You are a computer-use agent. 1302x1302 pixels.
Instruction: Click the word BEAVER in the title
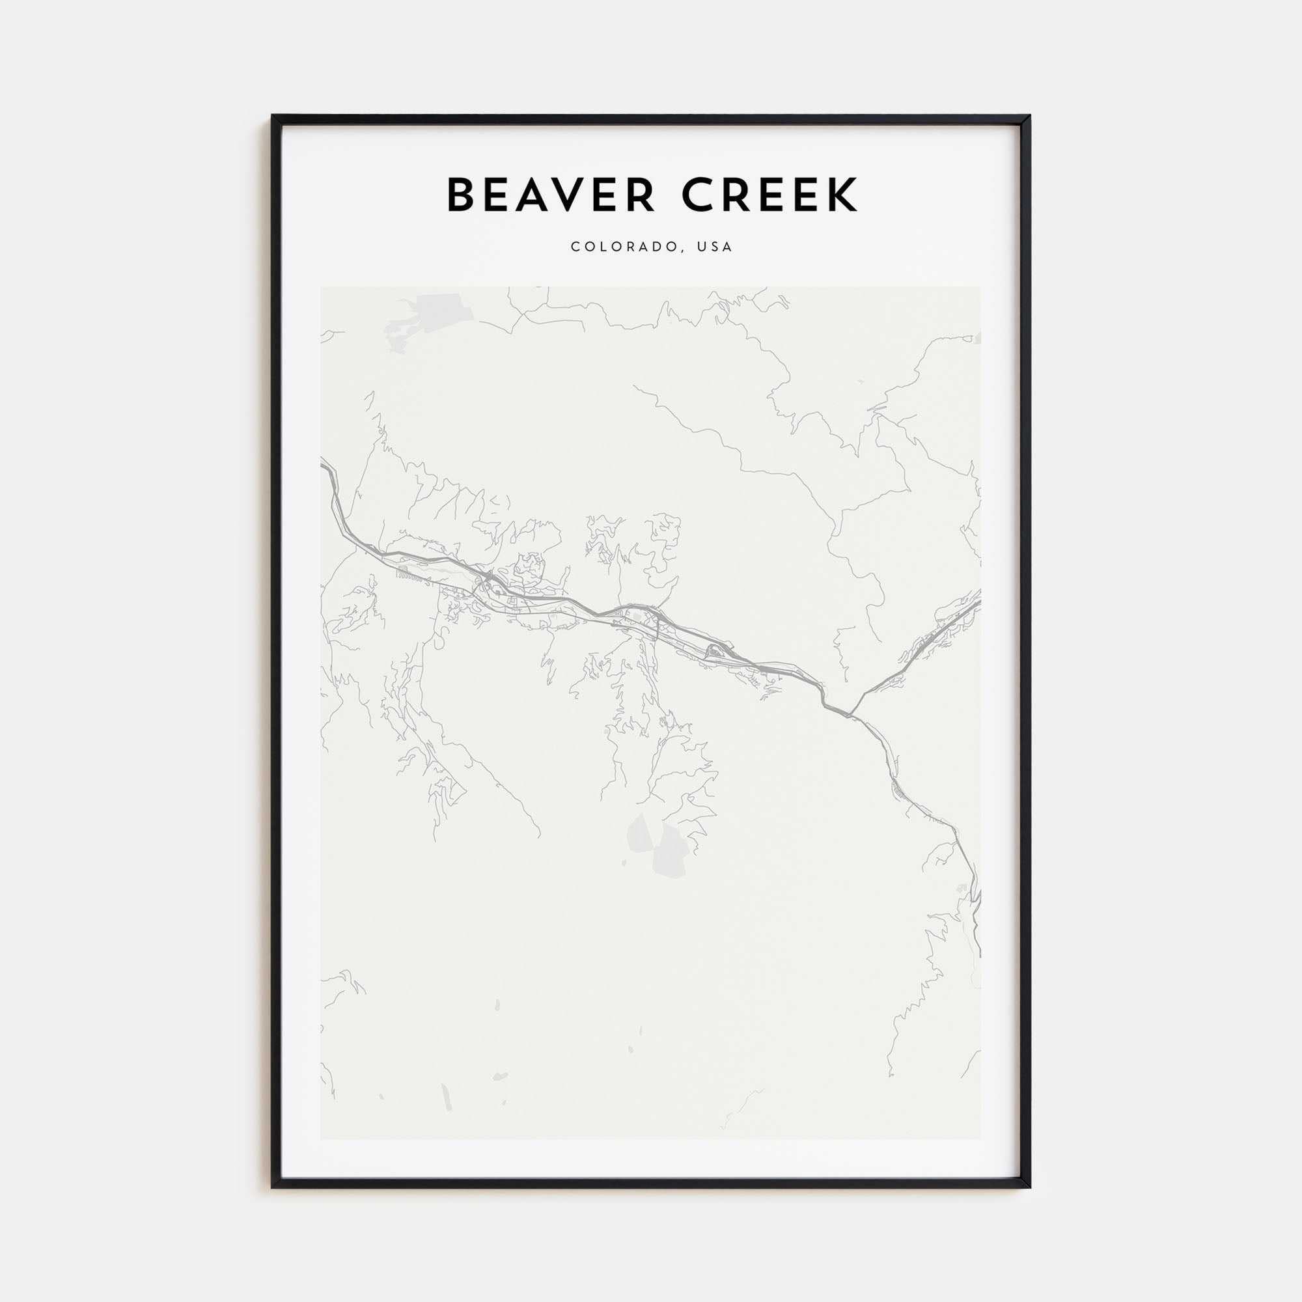point(550,195)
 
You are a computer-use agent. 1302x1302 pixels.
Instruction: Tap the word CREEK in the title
point(769,195)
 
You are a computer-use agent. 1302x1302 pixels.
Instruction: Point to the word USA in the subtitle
point(715,247)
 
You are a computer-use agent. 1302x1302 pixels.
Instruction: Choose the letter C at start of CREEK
point(698,195)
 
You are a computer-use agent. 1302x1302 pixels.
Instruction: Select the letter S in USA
point(715,247)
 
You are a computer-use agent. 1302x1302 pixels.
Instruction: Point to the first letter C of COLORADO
point(575,247)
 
